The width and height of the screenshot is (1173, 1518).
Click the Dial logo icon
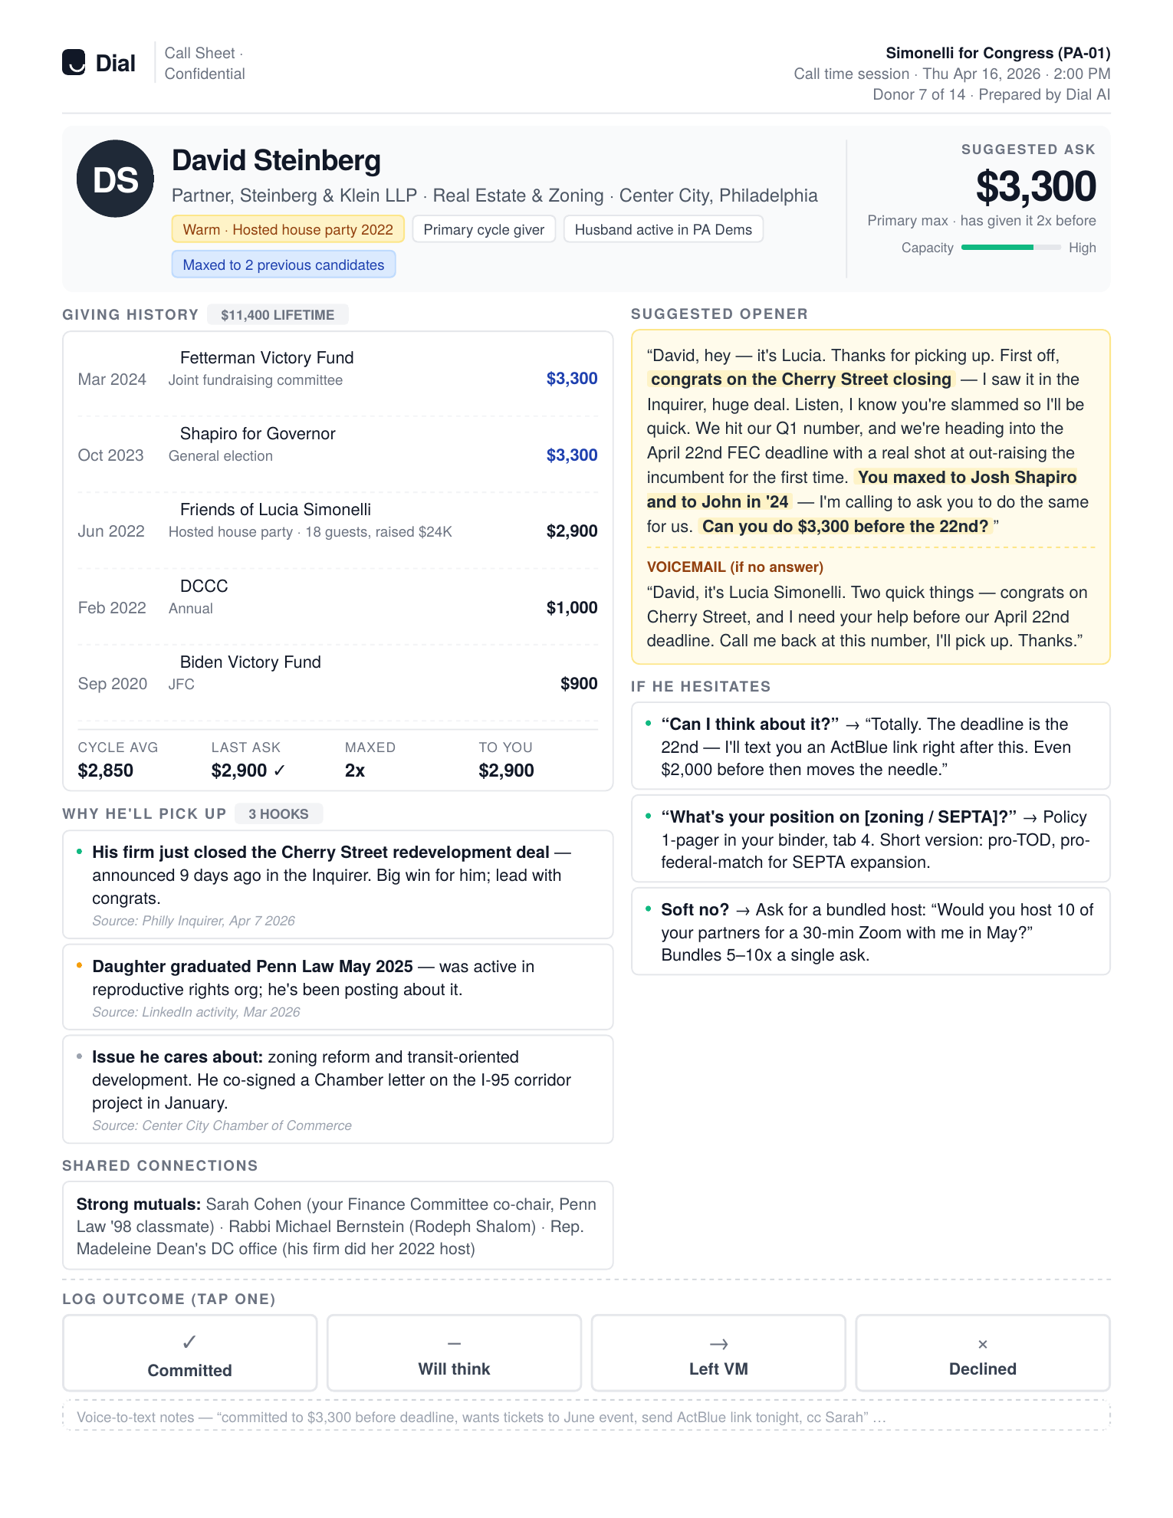(x=74, y=62)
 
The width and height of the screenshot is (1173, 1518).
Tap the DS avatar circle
(x=115, y=179)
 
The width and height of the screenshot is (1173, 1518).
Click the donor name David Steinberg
(x=276, y=161)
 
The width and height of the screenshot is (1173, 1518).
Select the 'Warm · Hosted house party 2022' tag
(x=287, y=229)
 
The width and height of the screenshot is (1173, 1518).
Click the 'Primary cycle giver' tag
(x=484, y=229)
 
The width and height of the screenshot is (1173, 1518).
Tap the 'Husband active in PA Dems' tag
(x=663, y=229)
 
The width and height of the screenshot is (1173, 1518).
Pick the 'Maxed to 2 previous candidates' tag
(x=284, y=264)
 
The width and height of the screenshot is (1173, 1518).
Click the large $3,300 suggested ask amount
(x=1035, y=186)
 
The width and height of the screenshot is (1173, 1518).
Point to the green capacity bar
(x=1010, y=248)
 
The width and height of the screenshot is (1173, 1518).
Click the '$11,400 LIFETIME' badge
(x=278, y=314)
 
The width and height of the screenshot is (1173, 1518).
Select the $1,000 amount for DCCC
(x=571, y=608)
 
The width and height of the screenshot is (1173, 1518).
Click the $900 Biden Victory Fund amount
(x=578, y=684)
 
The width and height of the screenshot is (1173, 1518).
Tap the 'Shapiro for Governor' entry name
(x=258, y=434)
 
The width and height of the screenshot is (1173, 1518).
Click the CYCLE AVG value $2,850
(x=106, y=770)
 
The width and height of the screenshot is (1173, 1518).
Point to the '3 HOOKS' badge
(x=278, y=813)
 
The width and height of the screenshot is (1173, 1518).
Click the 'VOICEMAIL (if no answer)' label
(x=734, y=567)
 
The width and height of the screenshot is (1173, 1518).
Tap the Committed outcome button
(x=189, y=1353)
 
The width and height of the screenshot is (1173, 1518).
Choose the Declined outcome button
(x=982, y=1353)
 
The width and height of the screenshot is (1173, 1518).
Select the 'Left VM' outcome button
(x=718, y=1353)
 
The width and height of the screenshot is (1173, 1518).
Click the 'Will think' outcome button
(x=454, y=1353)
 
